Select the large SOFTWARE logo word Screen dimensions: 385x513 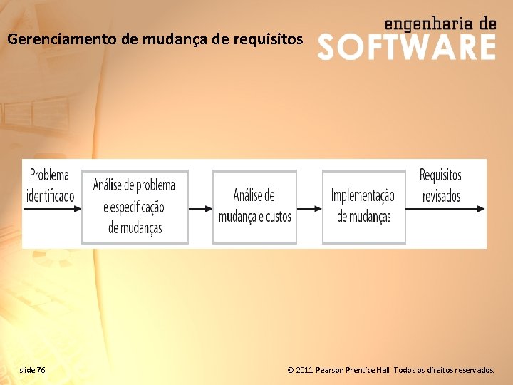[406, 48]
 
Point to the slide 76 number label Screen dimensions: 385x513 [33, 370]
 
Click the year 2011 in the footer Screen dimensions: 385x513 [304, 370]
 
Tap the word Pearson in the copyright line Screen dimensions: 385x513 [332, 370]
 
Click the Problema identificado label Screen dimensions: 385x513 [50, 185]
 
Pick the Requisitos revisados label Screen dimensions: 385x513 [441, 185]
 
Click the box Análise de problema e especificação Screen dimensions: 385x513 [135, 207]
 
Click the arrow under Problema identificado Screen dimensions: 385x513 [52, 209]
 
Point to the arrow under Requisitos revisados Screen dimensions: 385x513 [446, 209]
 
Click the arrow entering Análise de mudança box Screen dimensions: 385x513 [200, 209]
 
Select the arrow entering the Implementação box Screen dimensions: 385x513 [309, 209]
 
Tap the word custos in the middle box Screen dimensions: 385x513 [277, 217]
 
